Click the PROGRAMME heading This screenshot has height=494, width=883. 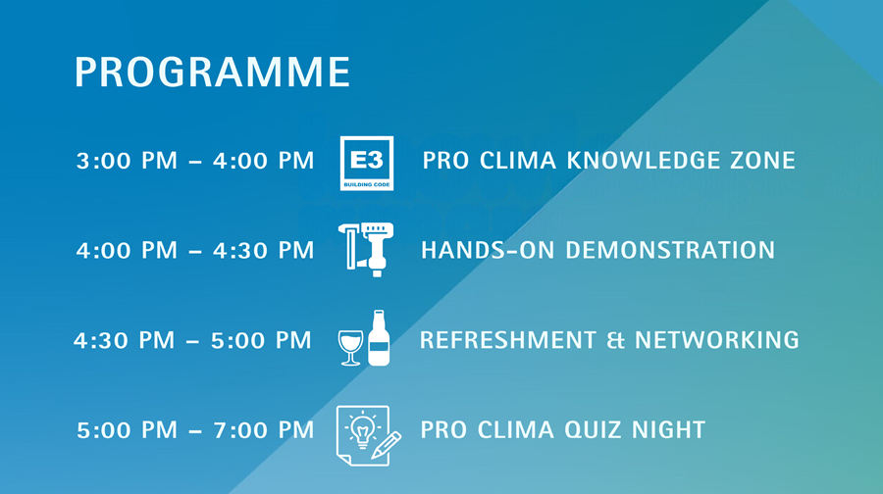(212, 74)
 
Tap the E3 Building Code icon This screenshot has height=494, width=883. (366, 163)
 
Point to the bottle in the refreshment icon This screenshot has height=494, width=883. (378, 338)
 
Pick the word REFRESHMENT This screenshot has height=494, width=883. (507, 340)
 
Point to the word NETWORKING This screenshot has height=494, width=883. (716, 340)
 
